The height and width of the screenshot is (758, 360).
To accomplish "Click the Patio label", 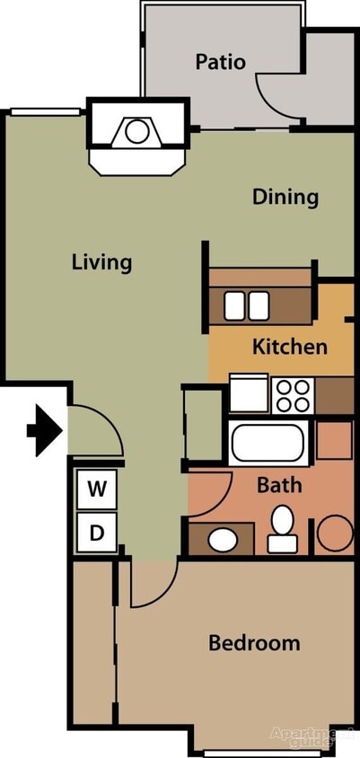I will coord(221,62).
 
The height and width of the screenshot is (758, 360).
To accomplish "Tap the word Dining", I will coord(285,197).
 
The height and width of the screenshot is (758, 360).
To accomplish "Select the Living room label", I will coord(101,262).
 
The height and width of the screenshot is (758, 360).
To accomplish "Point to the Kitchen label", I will coord(289,346).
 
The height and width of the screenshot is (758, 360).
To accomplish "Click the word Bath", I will coord(279,486).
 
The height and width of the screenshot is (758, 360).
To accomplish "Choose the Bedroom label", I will coord(254,643).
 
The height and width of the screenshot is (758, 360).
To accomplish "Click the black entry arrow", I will coord(46,429).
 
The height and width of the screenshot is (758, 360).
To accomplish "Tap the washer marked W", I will coord(97,489).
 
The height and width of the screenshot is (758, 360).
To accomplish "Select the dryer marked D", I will coord(97,534).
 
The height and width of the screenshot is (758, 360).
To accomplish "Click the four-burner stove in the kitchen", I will coord(293,392).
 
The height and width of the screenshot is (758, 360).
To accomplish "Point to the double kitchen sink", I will coord(247,306).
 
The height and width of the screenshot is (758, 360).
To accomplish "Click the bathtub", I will coord(269,442).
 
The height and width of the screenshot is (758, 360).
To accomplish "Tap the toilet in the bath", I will coord(283,530).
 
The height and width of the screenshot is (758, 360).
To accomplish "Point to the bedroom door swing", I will coord(148,584).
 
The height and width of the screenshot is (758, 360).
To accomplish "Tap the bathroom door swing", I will coord(208,495).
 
